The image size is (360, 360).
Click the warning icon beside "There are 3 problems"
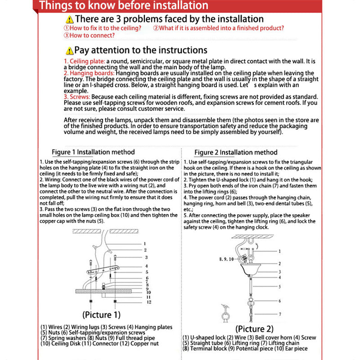pos(69,20)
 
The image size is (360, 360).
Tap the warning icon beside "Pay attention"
pos(69,51)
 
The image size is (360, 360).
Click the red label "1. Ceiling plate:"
pos(85,61)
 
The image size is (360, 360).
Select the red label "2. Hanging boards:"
pos(89,73)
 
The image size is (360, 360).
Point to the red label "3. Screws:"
pos(77,97)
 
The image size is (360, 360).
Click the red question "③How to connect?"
pos(82,35)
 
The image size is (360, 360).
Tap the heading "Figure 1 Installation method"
pos(93,152)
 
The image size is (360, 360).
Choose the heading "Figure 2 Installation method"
pos(236,153)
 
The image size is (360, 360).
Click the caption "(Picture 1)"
pos(101,315)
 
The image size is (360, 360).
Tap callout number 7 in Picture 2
pos(279,314)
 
